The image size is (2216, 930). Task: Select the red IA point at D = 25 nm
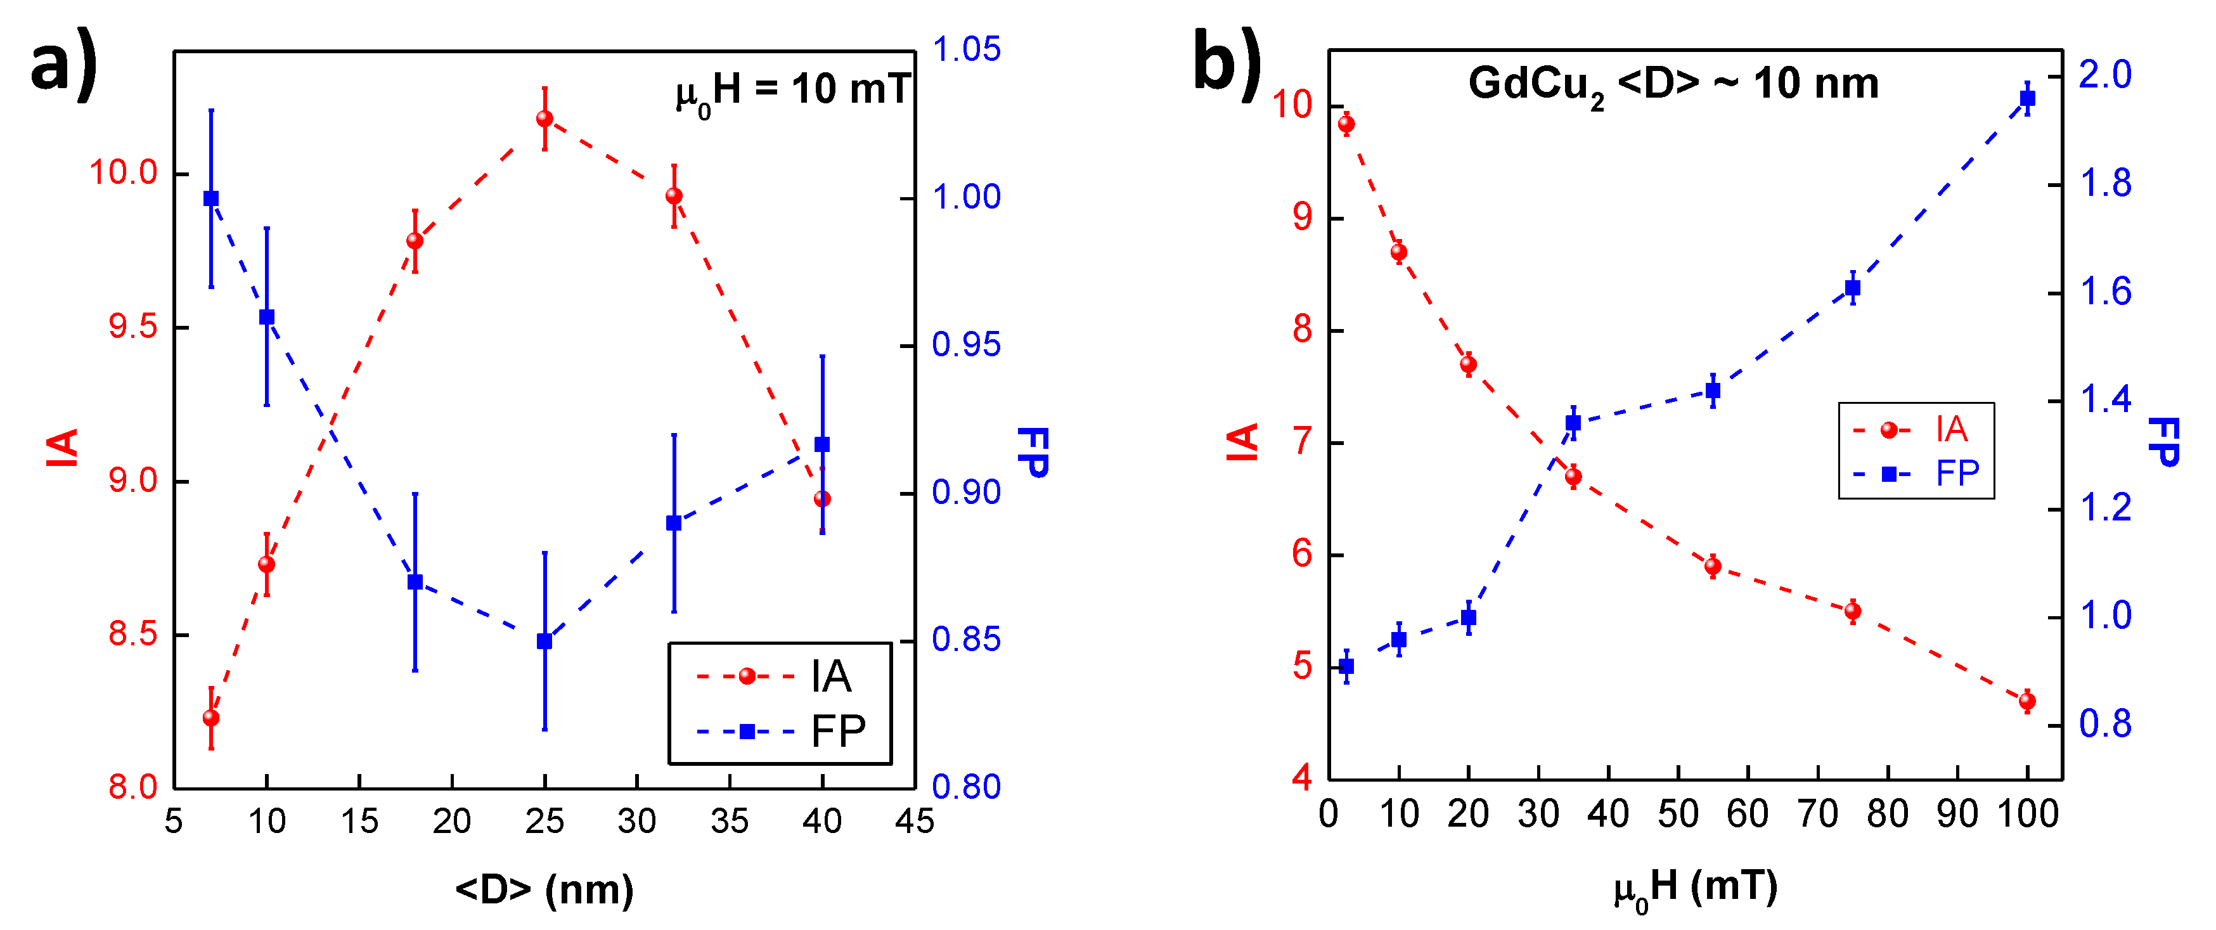pyautogui.click(x=544, y=119)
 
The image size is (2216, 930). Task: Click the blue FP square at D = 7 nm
pyautogui.click(x=210, y=198)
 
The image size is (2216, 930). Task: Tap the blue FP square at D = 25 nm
pyautogui.click(x=544, y=642)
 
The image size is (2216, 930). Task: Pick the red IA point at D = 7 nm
pyautogui.click(x=210, y=718)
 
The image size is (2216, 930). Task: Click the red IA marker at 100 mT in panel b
pyautogui.click(x=2026, y=701)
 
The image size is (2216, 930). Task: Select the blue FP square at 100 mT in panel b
pyautogui.click(x=2026, y=98)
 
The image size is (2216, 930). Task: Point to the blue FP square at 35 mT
pyautogui.click(x=1573, y=422)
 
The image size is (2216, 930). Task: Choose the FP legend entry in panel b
pyautogui.click(x=1917, y=473)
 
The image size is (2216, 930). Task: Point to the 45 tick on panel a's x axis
pyautogui.click(x=913, y=821)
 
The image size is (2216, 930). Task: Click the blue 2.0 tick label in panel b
pyautogui.click(x=2105, y=75)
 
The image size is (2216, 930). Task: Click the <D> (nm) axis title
pyautogui.click(x=544, y=889)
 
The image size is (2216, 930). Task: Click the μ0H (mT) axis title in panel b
pyautogui.click(x=1695, y=889)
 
